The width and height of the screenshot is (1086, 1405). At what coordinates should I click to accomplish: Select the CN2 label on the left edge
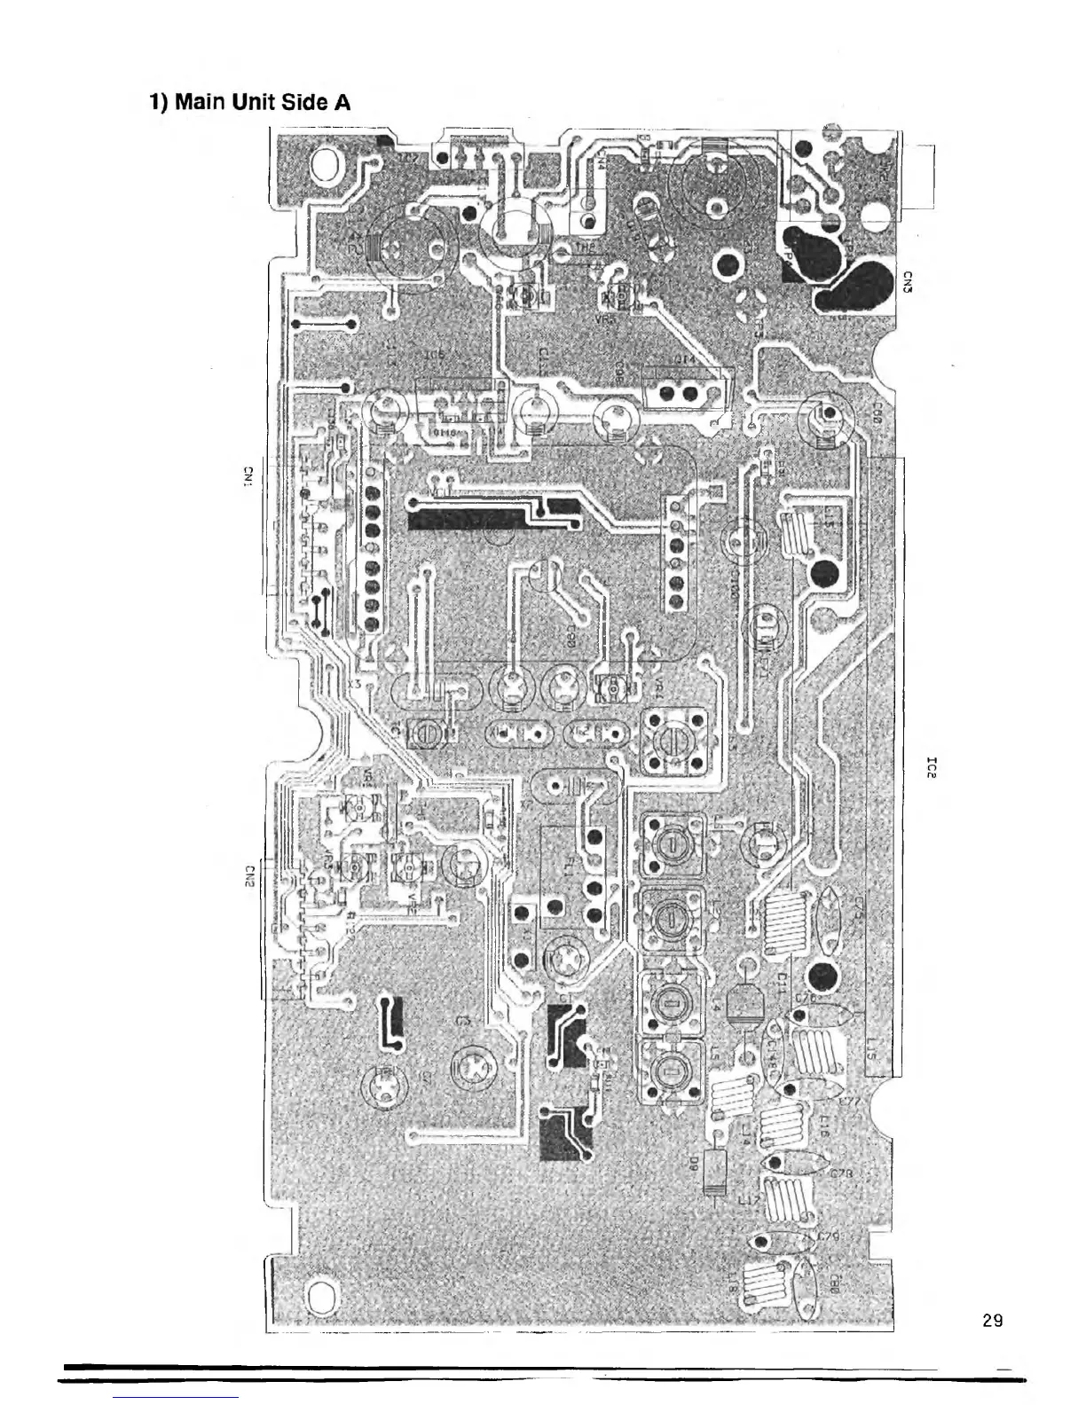pyautogui.click(x=250, y=875)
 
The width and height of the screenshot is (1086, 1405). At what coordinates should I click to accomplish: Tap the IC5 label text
pyautogui.click(x=434, y=356)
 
